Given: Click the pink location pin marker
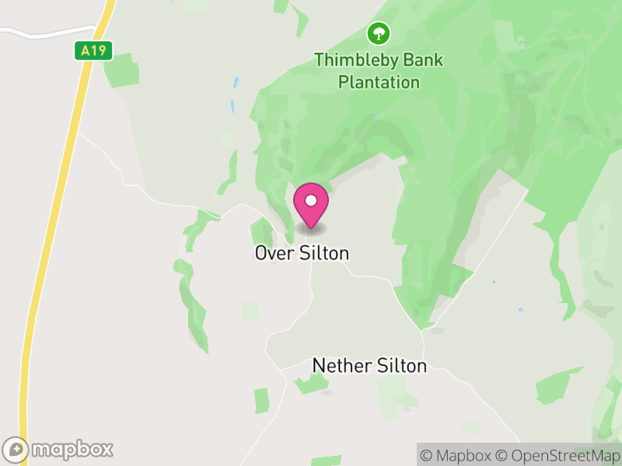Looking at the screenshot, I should click(311, 205).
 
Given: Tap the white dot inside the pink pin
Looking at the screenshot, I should click(311, 200).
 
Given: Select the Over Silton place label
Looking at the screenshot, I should click(302, 253).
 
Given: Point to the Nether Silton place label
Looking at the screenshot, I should click(369, 365).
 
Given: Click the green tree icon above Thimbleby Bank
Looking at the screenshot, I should click(379, 33).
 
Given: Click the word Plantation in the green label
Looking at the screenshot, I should click(379, 82).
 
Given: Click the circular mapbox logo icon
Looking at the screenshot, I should click(16, 449).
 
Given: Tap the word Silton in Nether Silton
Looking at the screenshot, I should click(401, 365).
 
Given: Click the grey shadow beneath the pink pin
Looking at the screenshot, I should click(311, 229).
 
